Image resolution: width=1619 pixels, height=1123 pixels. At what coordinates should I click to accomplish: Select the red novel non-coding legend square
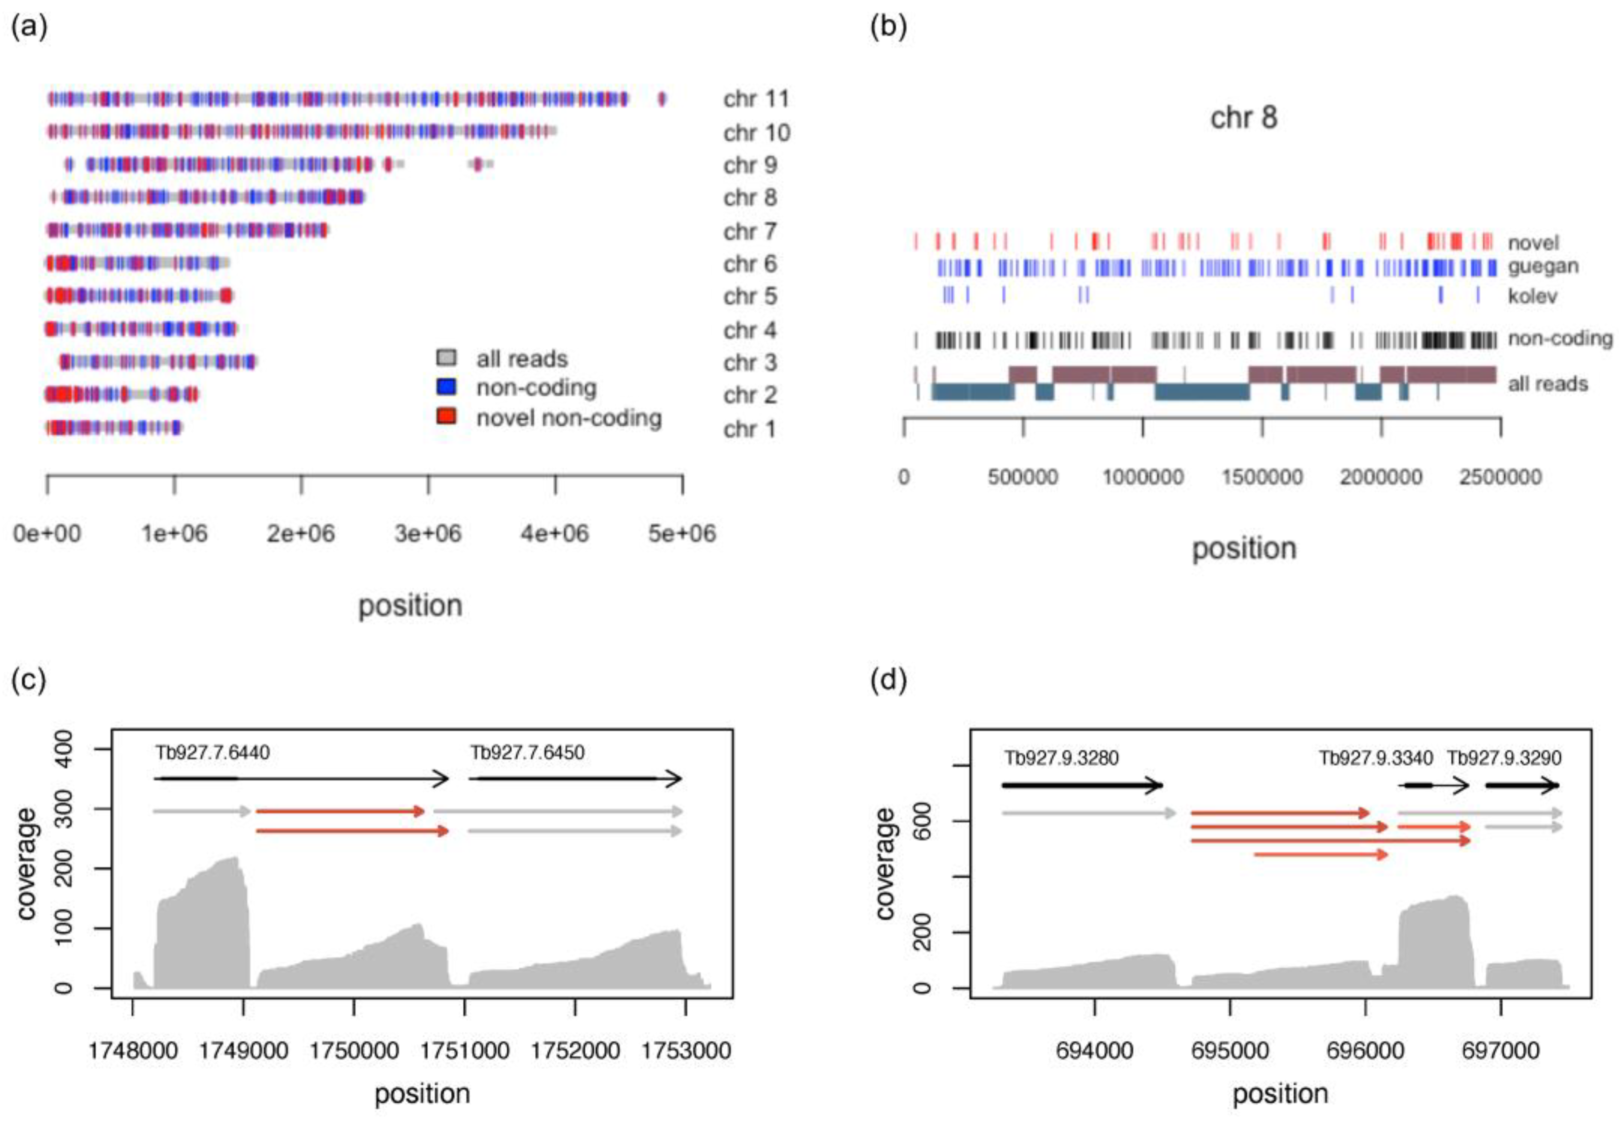tap(446, 416)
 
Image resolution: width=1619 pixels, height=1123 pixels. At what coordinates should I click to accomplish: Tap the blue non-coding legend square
tap(446, 386)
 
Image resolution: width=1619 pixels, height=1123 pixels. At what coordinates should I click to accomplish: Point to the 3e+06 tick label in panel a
tap(428, 533)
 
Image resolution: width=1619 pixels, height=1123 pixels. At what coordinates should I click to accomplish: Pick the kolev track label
tap(1532, 296)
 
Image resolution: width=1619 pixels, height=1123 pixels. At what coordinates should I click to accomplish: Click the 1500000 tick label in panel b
tap(1261, 477)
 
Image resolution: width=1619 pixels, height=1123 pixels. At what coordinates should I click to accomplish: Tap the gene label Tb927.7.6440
tap(212, 753)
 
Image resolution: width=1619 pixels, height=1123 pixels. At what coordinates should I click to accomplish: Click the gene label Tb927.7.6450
tap(527, 753)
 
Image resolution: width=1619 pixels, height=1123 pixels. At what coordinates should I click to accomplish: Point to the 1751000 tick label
tap(464, 1051)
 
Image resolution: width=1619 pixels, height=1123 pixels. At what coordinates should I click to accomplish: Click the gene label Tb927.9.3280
tap(1061, 758)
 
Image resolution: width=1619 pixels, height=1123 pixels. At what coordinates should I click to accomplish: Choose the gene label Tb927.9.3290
tap(1504, 758)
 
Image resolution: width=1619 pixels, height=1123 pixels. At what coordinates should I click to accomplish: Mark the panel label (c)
tap(29, 681)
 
